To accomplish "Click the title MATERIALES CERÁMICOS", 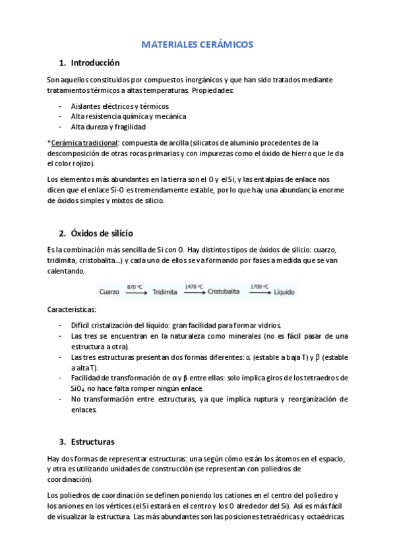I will [x=197, y=45].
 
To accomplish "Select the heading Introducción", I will [x=95, y=63].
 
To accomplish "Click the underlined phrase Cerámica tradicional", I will [x=84, y=142].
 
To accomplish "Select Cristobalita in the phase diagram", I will [x=227, y=291].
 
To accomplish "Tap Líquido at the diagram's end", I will [x=285, y=291].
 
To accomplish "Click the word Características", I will [x=72, y=309].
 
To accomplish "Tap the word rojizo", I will [x=82, y=163].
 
